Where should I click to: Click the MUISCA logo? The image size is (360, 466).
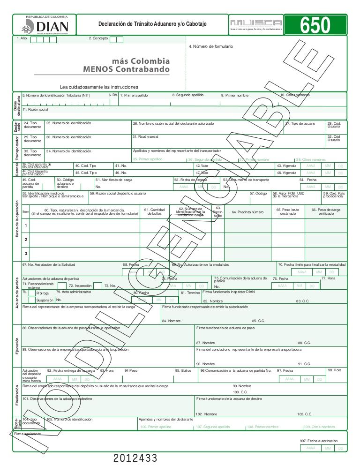click(x=256, y=23)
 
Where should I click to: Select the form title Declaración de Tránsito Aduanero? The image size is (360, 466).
click(x=152, y=24)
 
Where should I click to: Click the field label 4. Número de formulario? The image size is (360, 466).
click(x=210, y=46)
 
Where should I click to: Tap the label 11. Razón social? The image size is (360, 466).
click(x=36, y=109)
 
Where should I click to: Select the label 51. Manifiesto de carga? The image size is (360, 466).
click(x=113, y=180)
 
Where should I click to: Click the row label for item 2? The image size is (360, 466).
click(x=25, y=240)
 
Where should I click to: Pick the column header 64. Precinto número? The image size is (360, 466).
click(x=247, y=212)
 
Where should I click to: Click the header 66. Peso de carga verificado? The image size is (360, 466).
click(x=326, y=211)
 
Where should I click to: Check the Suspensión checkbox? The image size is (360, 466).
click(x=32, y=300)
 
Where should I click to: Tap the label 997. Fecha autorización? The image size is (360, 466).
click(x=319, y=441)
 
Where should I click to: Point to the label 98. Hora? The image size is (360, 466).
click(x=334, y=370)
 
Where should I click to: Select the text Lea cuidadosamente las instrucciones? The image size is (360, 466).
click(x=99, y=87)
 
